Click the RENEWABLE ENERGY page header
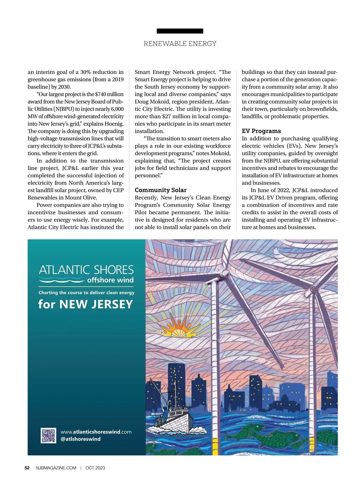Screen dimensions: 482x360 (x=180, y=44)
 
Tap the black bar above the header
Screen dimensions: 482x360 (x=180, y=31)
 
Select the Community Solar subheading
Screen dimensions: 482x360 (x=160, y=190)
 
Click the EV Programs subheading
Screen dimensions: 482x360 (x=261, y=131)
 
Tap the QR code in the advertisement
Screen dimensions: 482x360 (x=48, y=435)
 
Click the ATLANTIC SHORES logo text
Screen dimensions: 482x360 (x=86, y=270)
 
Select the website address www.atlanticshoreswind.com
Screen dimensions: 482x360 (x=96, y=432)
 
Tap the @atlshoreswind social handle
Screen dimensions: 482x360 (x=81, y=439)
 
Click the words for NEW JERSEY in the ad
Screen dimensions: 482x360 (x=85, y=304)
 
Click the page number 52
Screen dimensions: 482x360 (x=27, y=468)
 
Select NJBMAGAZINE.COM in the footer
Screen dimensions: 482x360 (x=56, y=468)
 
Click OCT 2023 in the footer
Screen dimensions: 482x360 (x=95, y=468)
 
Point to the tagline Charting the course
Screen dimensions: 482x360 (x=86, y=293)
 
